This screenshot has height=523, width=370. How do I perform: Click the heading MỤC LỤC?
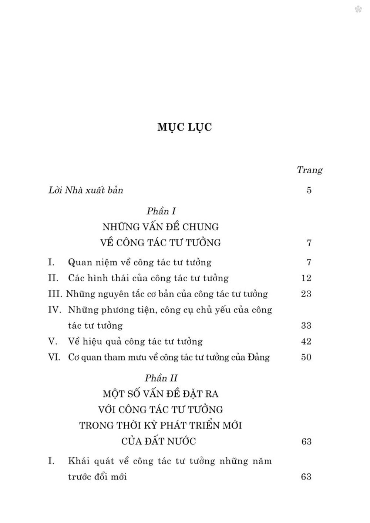pos(185,127)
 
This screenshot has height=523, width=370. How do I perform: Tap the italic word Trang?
pos(310,170)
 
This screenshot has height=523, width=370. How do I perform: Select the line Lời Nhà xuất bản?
pos(85,190)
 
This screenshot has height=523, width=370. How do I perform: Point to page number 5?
pos(309,191)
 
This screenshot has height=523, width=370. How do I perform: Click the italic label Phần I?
pos(161,211)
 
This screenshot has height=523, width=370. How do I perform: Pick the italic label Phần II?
pos(161,378)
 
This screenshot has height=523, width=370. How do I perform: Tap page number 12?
pos(306,278)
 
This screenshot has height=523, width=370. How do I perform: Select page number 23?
pos(306,294)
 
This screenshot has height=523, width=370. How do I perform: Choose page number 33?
pos(306,325)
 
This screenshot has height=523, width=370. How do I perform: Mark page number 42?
pos(306,341)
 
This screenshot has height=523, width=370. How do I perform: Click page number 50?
pos(306,357)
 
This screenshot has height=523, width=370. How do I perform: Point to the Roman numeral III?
pos(55,294)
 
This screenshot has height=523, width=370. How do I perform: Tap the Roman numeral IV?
pos(55,310)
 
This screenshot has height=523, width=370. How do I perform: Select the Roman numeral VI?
pos(54,357)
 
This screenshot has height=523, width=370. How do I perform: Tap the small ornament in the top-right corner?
pos(358,9)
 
